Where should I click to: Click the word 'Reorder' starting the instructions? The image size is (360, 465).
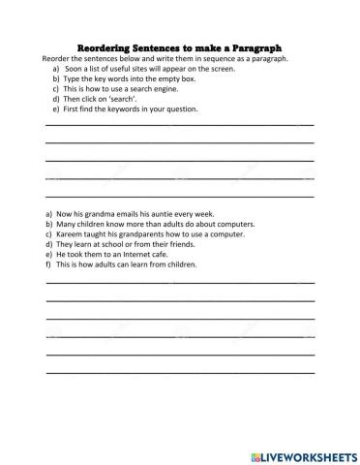click(57, 57)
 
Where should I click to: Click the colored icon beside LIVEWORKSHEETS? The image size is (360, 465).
click(255, 451)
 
